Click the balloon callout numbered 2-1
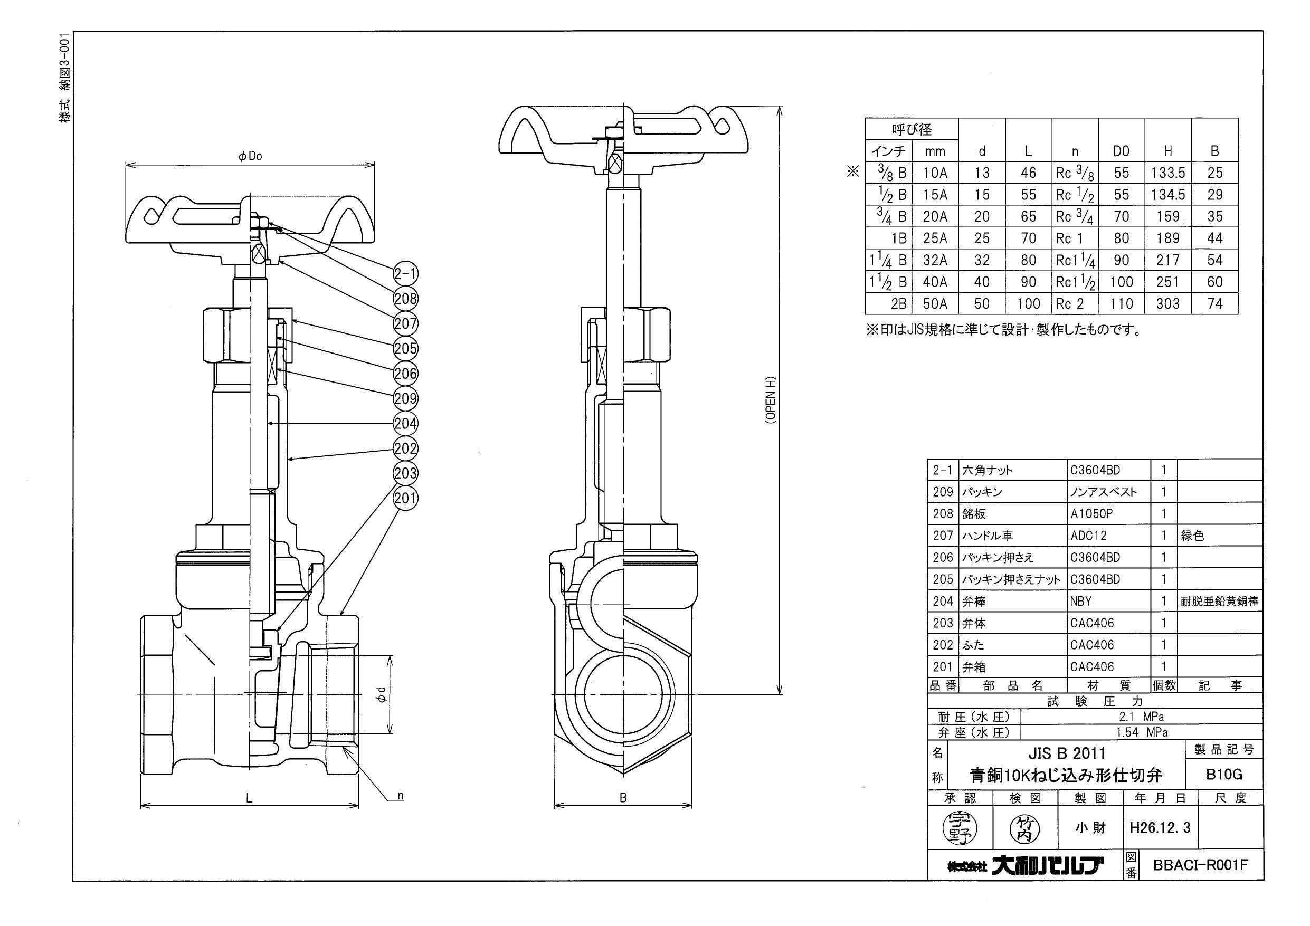406,274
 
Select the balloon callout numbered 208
406,299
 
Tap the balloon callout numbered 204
406,423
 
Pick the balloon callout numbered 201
406,498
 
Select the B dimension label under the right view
623,798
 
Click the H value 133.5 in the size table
1168,173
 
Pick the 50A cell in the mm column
935,303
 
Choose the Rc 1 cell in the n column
1069,238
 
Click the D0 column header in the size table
1121,151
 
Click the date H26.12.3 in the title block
1160,828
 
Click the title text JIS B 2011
1066,753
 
